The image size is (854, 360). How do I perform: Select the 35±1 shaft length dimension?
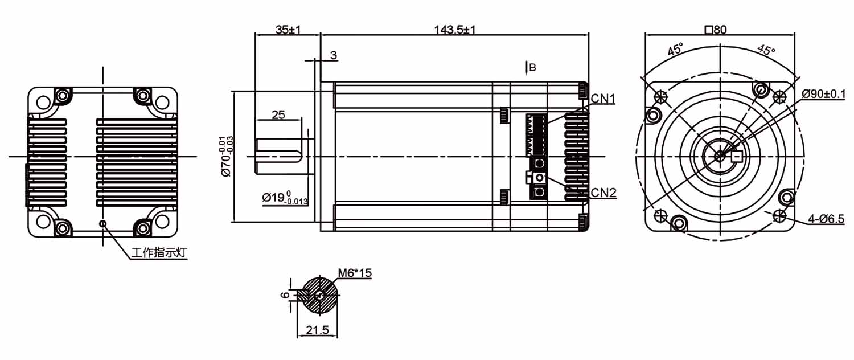[288, 30]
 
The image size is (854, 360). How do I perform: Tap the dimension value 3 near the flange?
[334, 55]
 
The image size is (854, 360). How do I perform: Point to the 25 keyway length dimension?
[278, 115]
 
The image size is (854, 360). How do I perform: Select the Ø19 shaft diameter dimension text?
[285, 198]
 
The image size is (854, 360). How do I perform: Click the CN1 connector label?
[603, 99]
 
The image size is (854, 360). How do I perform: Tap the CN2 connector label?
[603, 193]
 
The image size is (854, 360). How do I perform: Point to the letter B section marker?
[533, 68]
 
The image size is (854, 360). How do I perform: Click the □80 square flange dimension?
[716, 30]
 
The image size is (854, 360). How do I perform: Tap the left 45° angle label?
[675, 50]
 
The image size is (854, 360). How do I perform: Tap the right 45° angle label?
[766, 50]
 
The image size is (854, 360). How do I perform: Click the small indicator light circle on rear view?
[102, 223]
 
